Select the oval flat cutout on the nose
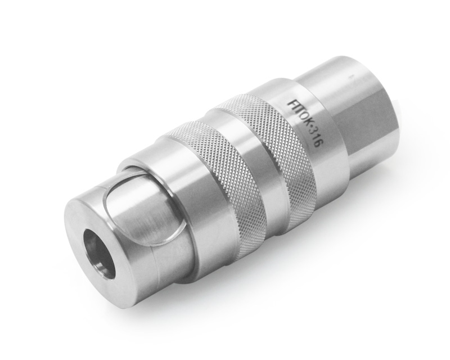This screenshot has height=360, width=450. tap(143, 213)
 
